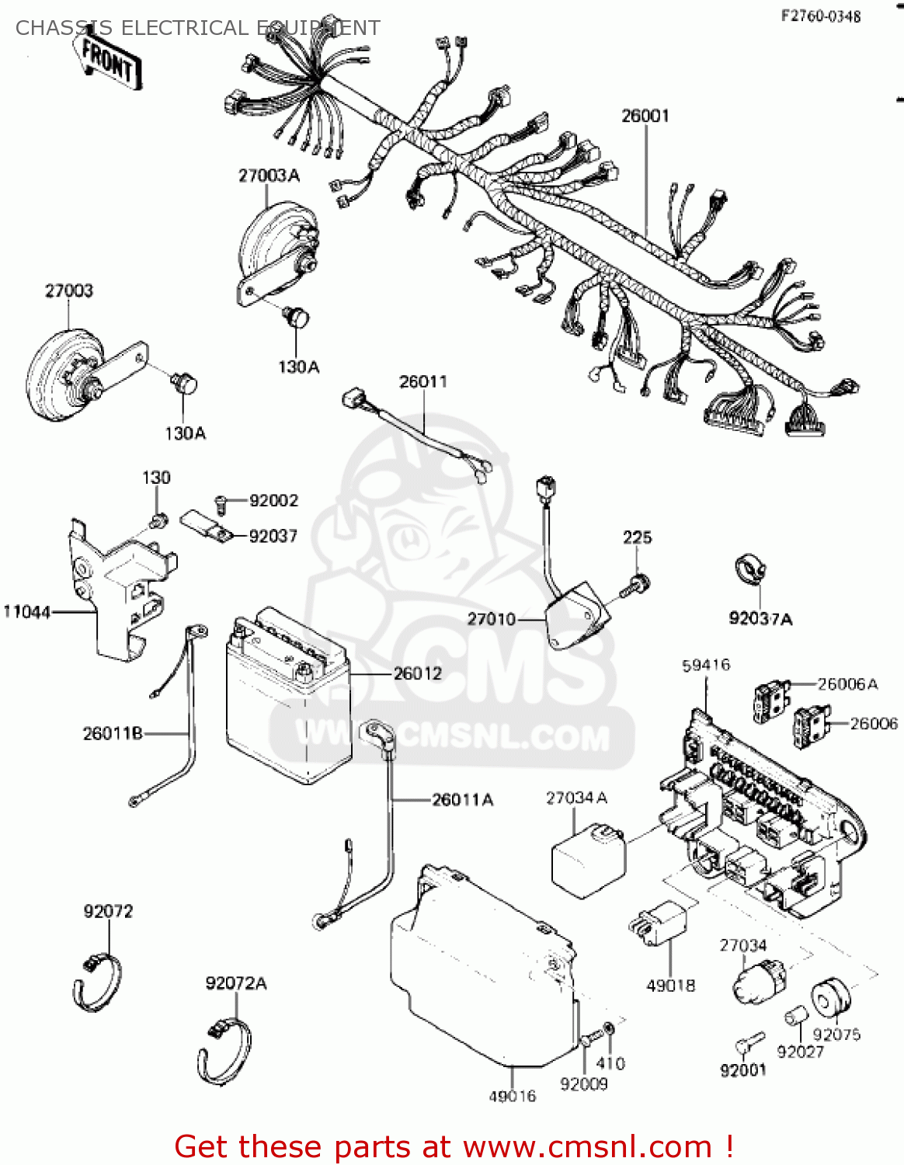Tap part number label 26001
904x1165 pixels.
click(x=645, y=116)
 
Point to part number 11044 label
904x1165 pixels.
click(x=26, y=612)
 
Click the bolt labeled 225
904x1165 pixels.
click(x=639, y=582)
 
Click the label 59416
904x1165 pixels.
click(x=706, y=665)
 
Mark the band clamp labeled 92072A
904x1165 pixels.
click(x=225, y=1051)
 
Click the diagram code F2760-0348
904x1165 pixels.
click(x=821, y=16)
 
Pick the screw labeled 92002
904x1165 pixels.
click(x=221, y=503)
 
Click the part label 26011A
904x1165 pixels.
click(x=463, y=799)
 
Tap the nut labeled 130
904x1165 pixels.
click(x=158, y=518)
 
